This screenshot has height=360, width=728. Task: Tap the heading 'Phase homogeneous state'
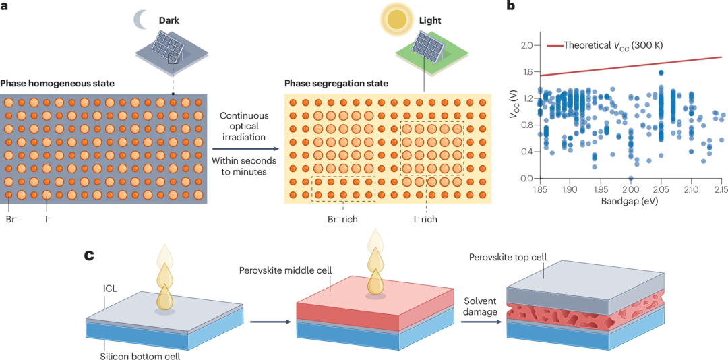(57, 84)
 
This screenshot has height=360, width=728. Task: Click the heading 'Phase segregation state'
(336, 84)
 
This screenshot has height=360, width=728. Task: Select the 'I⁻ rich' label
(426, 219)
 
